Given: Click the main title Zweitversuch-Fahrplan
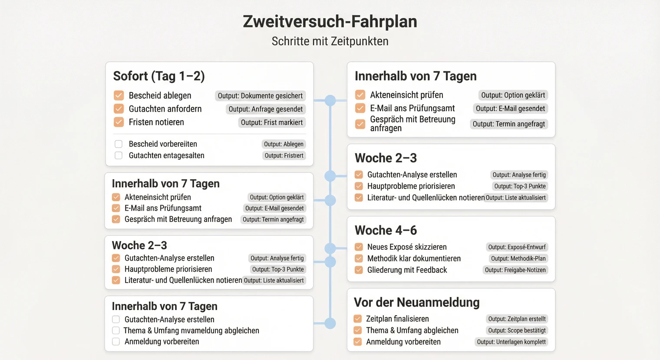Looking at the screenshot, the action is point(330,22).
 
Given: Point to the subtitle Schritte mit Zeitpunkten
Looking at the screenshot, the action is point(330,41).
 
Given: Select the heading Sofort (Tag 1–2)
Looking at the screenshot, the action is point(159,76).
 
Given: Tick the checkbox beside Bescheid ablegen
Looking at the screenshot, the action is point(119,96).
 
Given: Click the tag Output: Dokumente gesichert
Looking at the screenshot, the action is point(260,96).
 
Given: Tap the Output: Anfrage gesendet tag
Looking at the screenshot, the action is point(265,109).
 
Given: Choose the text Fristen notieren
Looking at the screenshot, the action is point(156,122).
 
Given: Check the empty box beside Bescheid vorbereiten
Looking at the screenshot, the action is point(119,144).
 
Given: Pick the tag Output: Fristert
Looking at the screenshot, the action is point(284,155).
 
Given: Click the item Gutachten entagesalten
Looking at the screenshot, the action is point(166,155).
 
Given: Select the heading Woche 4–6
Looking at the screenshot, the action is point(386,230).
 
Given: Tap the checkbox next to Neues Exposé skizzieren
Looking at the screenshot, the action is point(359,247).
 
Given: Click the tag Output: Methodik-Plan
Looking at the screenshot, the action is point(518,258).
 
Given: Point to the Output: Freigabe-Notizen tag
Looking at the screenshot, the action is point(515,270).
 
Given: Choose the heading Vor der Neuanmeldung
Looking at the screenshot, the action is point(417,302).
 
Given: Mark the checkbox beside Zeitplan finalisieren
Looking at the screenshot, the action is point(358,319).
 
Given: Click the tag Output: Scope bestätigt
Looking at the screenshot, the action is point(517,330).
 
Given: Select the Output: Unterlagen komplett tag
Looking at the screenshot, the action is point(511,342).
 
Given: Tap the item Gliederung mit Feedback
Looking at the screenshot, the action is point(407,270).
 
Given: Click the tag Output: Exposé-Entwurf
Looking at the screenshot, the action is point(517,247).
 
